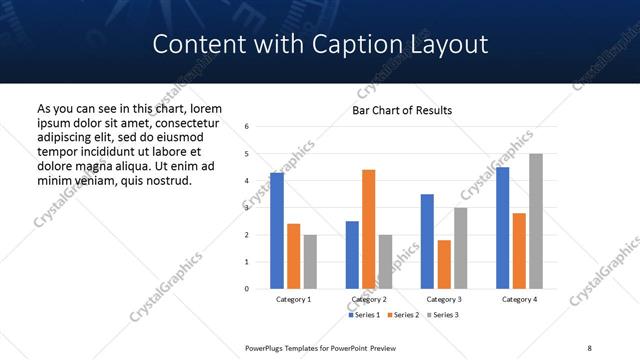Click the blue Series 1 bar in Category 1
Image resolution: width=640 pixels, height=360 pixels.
point(277,231)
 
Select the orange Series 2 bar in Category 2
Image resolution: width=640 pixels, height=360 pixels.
point(369,229)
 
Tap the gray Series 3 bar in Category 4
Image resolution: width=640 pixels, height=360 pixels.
point(536,221)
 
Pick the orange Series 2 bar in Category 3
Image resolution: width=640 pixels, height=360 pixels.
point(444,264)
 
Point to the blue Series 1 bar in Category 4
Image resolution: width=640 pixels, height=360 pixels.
point(503,228)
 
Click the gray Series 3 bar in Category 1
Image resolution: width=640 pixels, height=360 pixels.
point(310,262)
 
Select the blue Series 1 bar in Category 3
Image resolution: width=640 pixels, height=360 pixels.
point(427,241)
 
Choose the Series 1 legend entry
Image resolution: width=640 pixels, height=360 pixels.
point(363,315)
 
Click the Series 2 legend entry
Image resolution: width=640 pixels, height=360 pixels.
point(402,315)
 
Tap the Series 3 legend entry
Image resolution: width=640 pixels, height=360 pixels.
point(441,315)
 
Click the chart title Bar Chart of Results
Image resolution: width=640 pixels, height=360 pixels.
point(402,110)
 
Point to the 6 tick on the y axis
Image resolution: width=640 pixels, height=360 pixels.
point(247,127)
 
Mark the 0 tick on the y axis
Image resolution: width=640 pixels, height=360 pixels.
point(247,289)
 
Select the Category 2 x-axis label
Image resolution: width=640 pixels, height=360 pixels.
point(369,300)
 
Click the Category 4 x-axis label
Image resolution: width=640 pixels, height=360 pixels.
point(519,300)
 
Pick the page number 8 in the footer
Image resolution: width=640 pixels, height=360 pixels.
point(589,347)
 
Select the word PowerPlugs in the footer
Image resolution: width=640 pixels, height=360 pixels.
point(268,347)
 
